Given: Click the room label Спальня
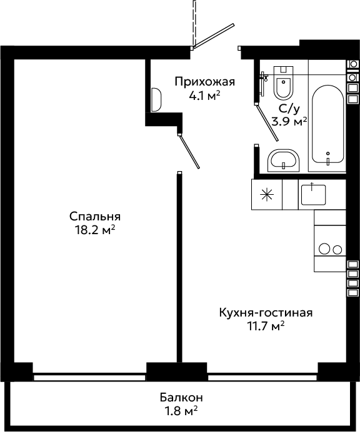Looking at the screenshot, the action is tap(95, 217).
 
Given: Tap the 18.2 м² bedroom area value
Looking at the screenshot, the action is tap(95, 230).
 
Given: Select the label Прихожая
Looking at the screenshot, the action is tap(204, 82).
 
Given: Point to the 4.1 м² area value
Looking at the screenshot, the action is tap(204, 96).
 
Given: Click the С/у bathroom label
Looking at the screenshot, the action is tap(289, 109).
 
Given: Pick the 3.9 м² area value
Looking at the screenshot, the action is tap(289, 122).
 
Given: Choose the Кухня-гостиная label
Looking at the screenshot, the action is tap(266, 313).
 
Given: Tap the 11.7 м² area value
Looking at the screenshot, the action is tap(266, 326).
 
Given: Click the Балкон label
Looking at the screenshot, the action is tap(181, 398).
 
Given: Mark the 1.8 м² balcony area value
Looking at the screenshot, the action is tap(181, 411).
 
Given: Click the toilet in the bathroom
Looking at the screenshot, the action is tap(283, 82).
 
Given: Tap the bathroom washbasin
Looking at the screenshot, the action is tap(283, 160).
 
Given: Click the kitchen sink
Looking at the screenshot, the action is tap(313, 195).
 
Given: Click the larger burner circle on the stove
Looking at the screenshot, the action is tap(324, 249).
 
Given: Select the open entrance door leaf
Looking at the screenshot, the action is tap(214, 36).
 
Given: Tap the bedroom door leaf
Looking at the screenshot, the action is tap(189, 151).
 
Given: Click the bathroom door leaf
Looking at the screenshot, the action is tap(267, 122).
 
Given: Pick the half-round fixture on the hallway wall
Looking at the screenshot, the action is tap(156, 100).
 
